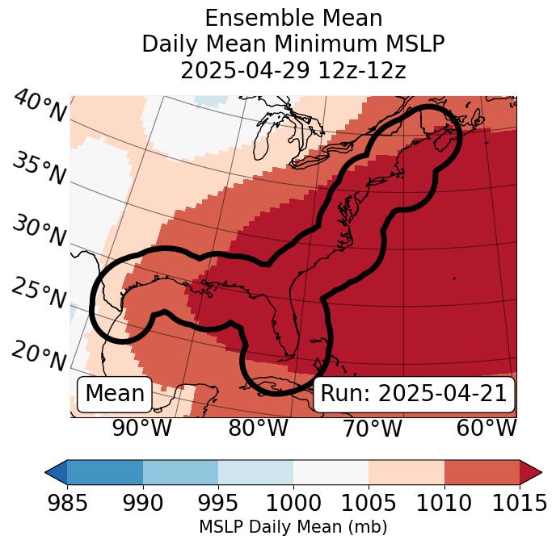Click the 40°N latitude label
[x=39, y=107]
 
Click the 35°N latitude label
[x=38, y=169]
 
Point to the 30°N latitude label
[x=38, y=232]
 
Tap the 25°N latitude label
[x=38, y=294]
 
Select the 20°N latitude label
[x=38, y=356]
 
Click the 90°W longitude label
[x=141, y=429]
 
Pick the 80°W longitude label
[x=258, y=429]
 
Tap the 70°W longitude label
[x=373, y=429]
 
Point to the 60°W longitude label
[x=486, y=429]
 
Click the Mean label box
[x=115, y=394]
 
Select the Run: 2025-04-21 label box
[x=414, y=394]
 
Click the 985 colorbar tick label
[x=67, y=504]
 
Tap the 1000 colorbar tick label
[x=293, y=504]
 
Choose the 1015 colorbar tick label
[x=519, y=504]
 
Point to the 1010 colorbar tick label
[x=444, y=504]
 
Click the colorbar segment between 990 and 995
[x=180, y=471]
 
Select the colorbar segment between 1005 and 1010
[x=406, y=471]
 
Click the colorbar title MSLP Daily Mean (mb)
[x=293, y=527]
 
